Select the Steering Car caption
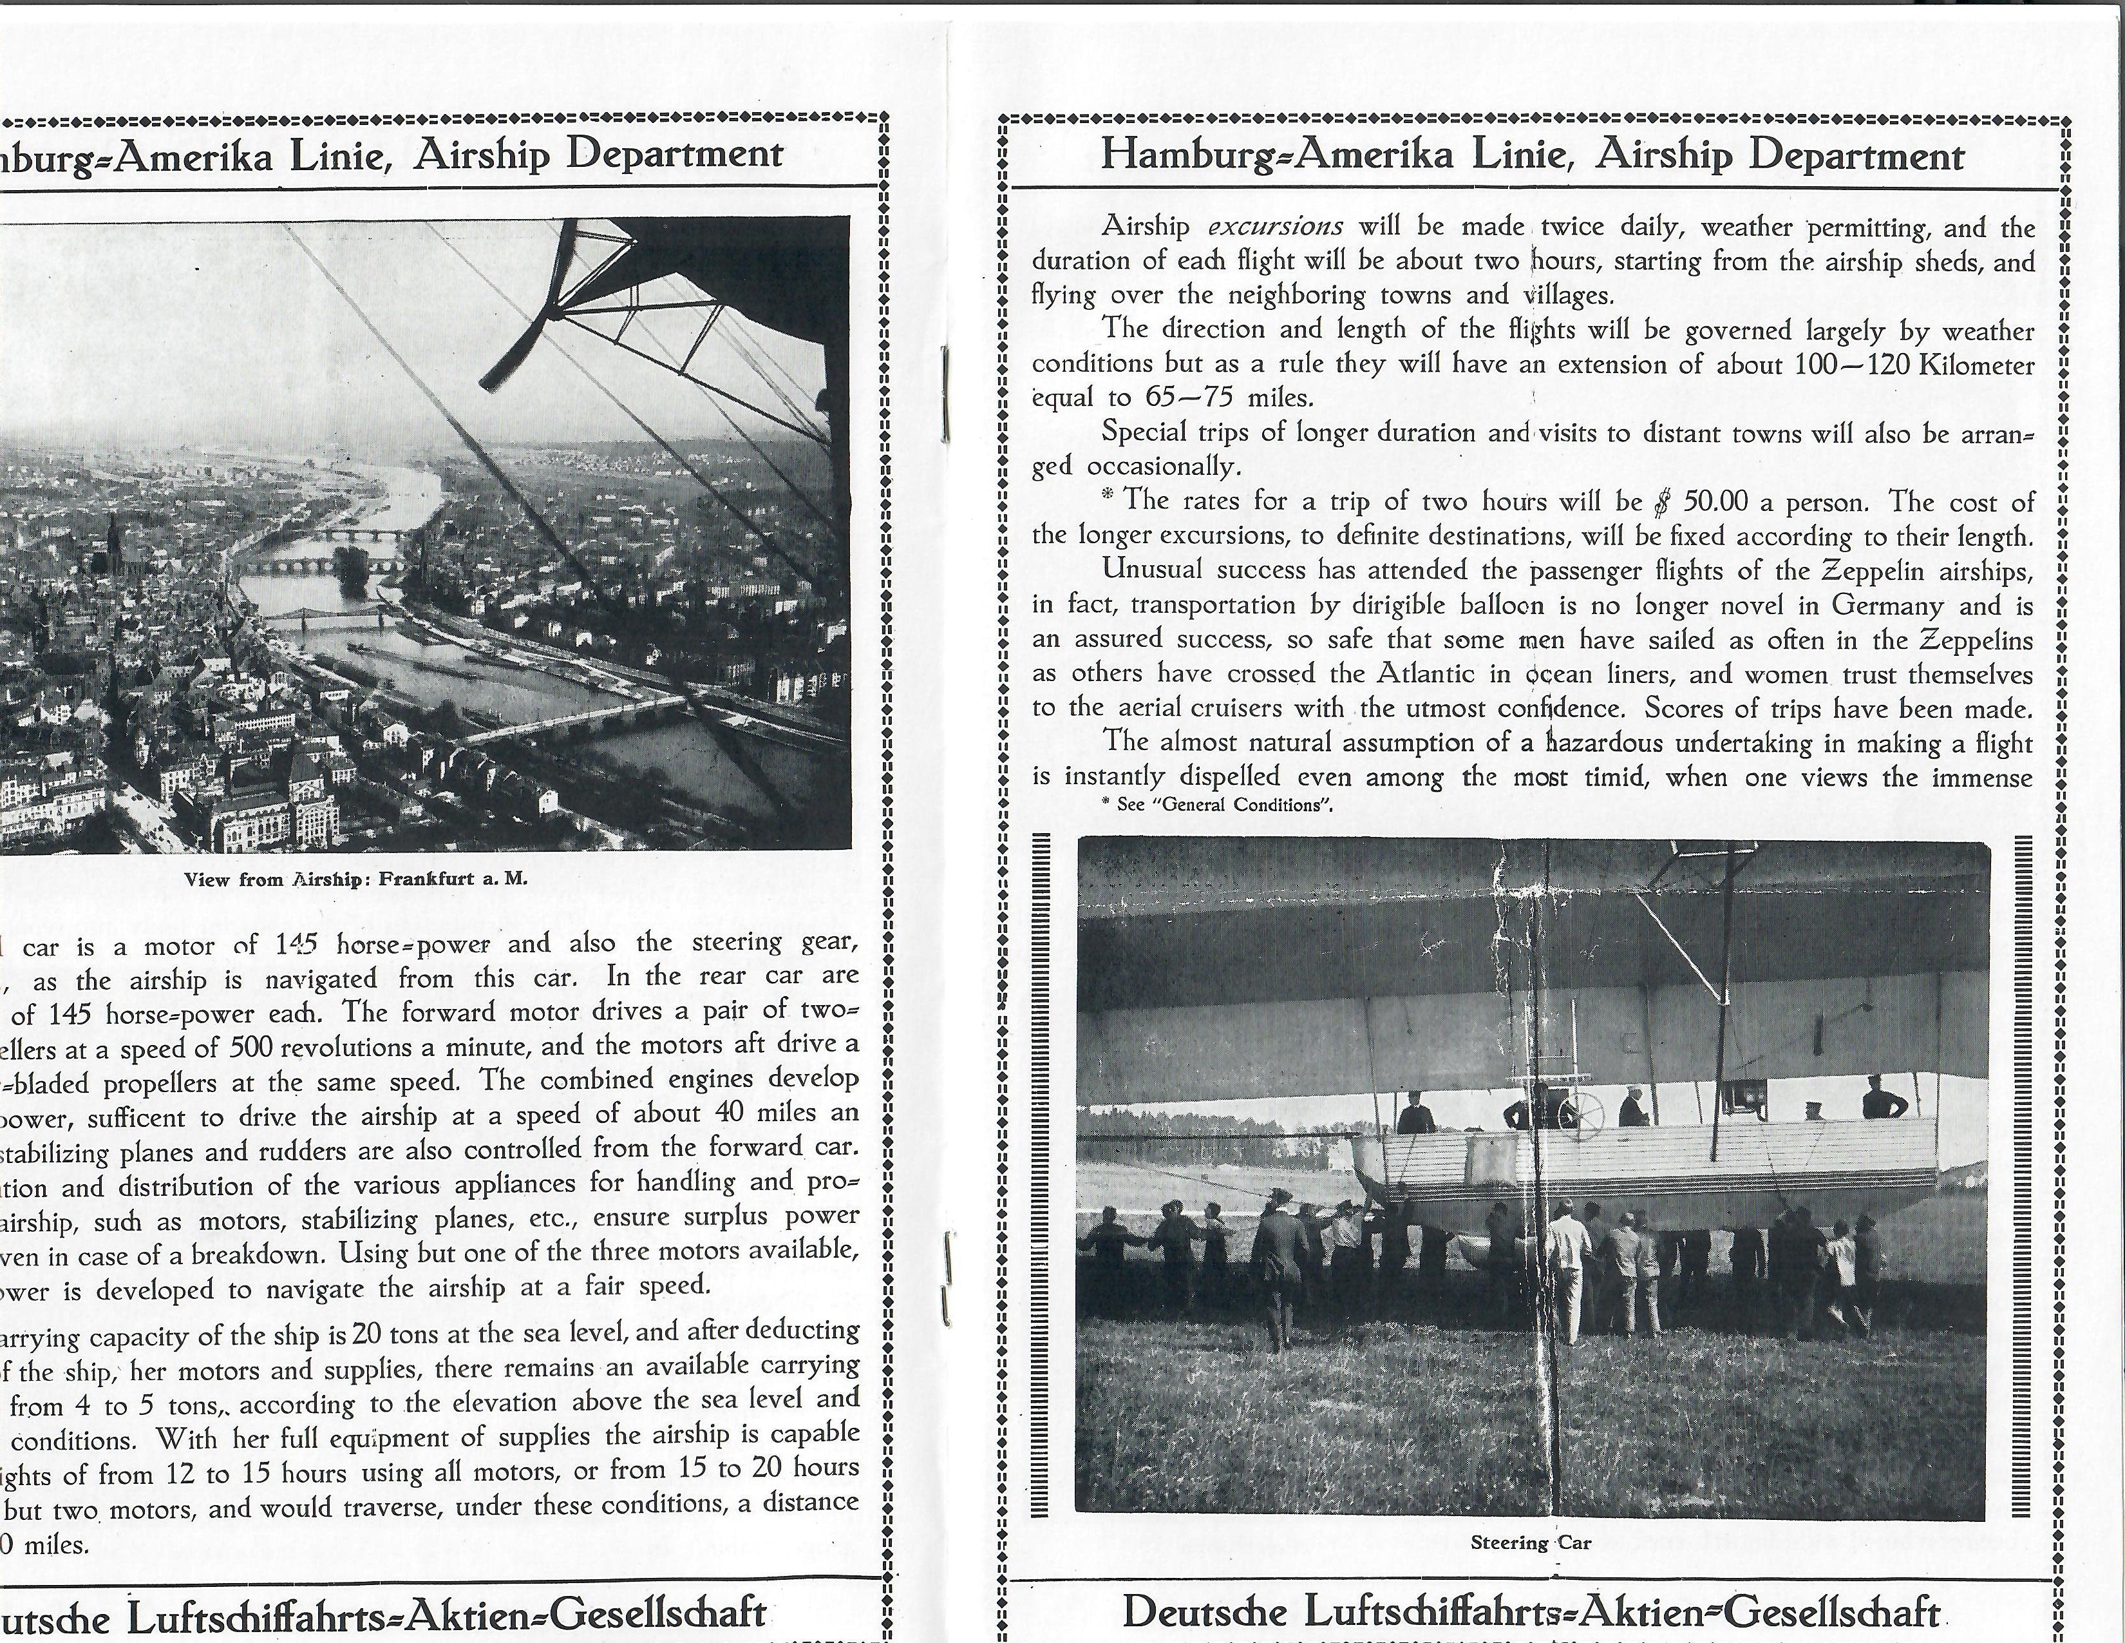1531,1542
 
